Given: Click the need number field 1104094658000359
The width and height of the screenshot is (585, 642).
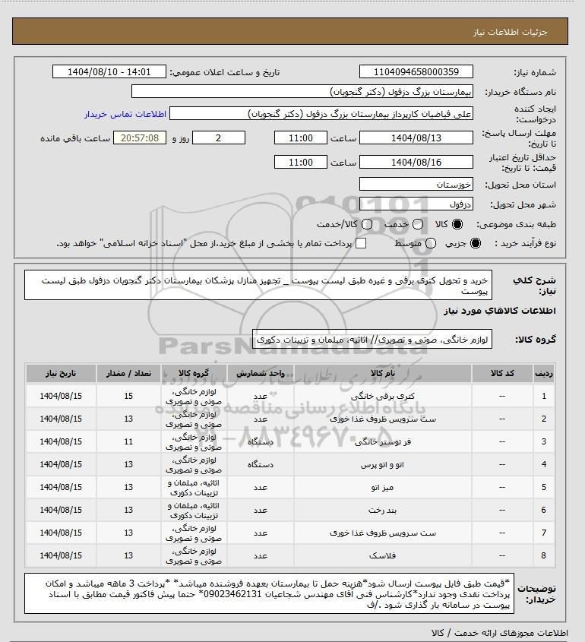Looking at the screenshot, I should pos(415,72).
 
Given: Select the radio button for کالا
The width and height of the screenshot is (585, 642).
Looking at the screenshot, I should pos(457,225).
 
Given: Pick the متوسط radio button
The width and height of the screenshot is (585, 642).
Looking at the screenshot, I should pos(431,243).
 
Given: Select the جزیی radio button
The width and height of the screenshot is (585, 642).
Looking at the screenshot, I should pos(476,243).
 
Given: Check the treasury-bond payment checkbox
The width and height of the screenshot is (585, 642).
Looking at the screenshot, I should pos(361,243).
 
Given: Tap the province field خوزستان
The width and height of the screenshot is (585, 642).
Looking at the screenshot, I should pos(415,185).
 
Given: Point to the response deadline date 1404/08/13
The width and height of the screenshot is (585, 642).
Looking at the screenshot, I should pos(415,138).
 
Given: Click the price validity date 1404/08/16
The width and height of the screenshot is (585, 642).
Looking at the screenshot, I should pos(415,163).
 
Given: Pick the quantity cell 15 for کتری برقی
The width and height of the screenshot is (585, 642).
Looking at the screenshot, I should pos(128,397).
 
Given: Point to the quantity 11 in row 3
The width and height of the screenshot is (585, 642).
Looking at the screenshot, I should pos(128,441).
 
